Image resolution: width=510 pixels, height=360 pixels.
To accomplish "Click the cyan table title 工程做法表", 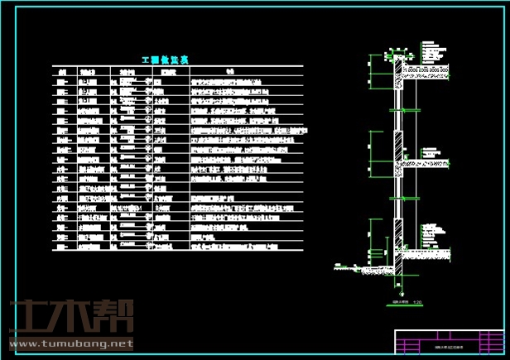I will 166,60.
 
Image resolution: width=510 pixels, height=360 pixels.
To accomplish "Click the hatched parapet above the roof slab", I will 400,66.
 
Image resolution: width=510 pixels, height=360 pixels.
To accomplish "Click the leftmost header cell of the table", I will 60,72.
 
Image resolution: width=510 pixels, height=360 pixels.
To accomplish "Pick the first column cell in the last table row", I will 60,246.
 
